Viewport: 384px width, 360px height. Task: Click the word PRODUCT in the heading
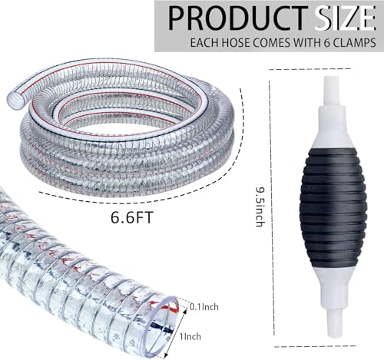click(238, 18)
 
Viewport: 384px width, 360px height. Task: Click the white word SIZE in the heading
click(345, 18)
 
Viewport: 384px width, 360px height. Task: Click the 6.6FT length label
click(132, 217)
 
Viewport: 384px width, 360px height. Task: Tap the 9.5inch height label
click(260, 206)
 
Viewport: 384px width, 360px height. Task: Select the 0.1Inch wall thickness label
click(204, 306)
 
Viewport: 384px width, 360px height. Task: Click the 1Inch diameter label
click(190, 336)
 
